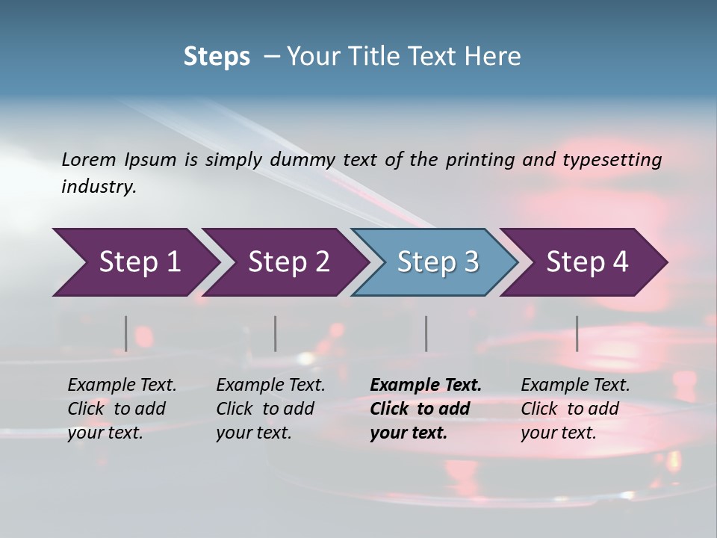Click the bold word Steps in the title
click(x=217, y=56)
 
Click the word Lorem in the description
click(x=89, y=159)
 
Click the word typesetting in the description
click(x=609, y=160)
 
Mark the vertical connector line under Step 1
click(x=126, y=333)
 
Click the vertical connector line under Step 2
click(x=276, y=333)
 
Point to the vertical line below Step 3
click(x=426, y=333)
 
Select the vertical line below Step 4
click(x=577, y=333)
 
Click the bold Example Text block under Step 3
click(x=425, y=409)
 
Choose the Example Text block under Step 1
click(x=122, y=409)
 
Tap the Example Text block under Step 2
click(x=270, y=409)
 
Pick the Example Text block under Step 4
click(x=575, y=409)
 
